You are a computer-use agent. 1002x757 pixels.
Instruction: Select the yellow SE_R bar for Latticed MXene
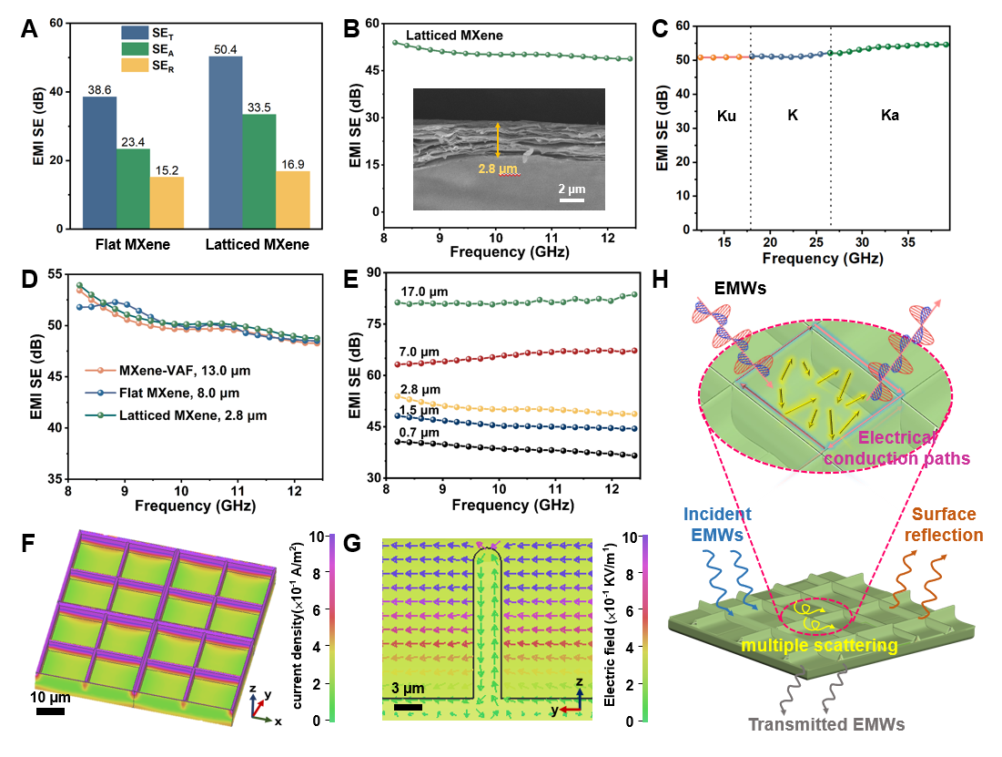[293, 199]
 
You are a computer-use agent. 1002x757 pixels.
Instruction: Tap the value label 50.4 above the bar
[226, 48]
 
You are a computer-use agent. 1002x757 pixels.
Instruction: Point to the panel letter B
[349, 28]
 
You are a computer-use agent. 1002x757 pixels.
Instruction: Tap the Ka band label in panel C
[889, 117]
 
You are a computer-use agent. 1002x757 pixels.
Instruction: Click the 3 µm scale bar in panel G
[408, 706]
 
